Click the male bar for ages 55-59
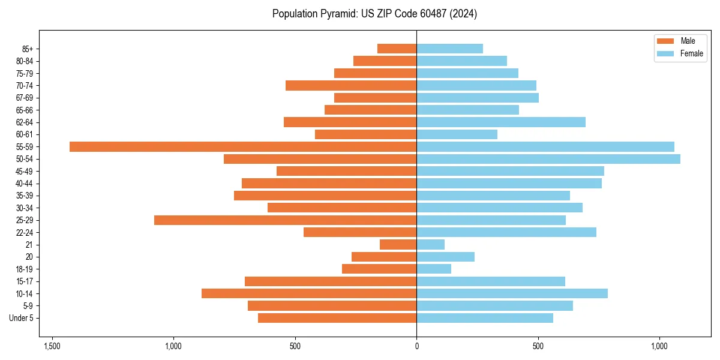[243, 147]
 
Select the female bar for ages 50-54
[548, 159]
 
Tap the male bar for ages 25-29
[285, 220]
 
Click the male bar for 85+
[397, 49]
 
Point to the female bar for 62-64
[501, 122]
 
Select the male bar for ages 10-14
[309, 293]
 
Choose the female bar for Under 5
[485, 318]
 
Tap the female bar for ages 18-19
[434, 269]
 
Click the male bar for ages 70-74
[351, 86]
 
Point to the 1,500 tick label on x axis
[52, 346]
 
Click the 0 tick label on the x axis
[416, 346]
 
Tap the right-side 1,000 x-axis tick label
[659, 346]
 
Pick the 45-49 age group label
[25, 172]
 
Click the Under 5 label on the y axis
[22, 318]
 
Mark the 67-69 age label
[25, 98]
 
